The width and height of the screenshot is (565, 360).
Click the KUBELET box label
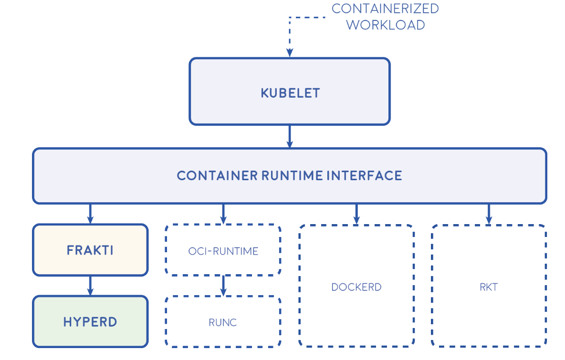click(x=290, y=93)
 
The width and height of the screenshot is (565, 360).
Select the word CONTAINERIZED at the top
click(x=385, y=9)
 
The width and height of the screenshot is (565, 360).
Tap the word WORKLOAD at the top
click(x=385, y=25)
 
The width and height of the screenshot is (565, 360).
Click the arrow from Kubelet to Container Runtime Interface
click(x=289, y=137)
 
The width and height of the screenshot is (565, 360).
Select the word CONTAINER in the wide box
click(x=217, y=175)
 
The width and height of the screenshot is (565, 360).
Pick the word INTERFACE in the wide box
click(x=364, y=175)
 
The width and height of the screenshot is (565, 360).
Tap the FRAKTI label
click(x=90, y=250)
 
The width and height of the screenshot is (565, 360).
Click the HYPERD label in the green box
click(x=90, y=322)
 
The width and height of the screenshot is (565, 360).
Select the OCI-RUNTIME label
click(x=223, y=251)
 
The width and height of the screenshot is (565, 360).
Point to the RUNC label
click(x=223, y=323)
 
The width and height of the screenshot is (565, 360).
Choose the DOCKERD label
click(x=356, y=287)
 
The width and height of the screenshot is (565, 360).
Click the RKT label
click(x=489, y=287)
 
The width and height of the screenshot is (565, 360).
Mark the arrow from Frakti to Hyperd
click(x=90, y=286)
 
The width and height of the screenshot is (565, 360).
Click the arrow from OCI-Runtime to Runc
click(x=223, y=286)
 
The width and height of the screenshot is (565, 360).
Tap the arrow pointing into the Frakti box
click(x=90, y=214)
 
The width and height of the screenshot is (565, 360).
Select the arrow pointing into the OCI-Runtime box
click(x=223, y=214)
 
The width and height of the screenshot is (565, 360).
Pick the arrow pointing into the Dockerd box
click(x=356, y=214)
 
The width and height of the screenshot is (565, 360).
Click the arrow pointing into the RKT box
click(x=489, y=214)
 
